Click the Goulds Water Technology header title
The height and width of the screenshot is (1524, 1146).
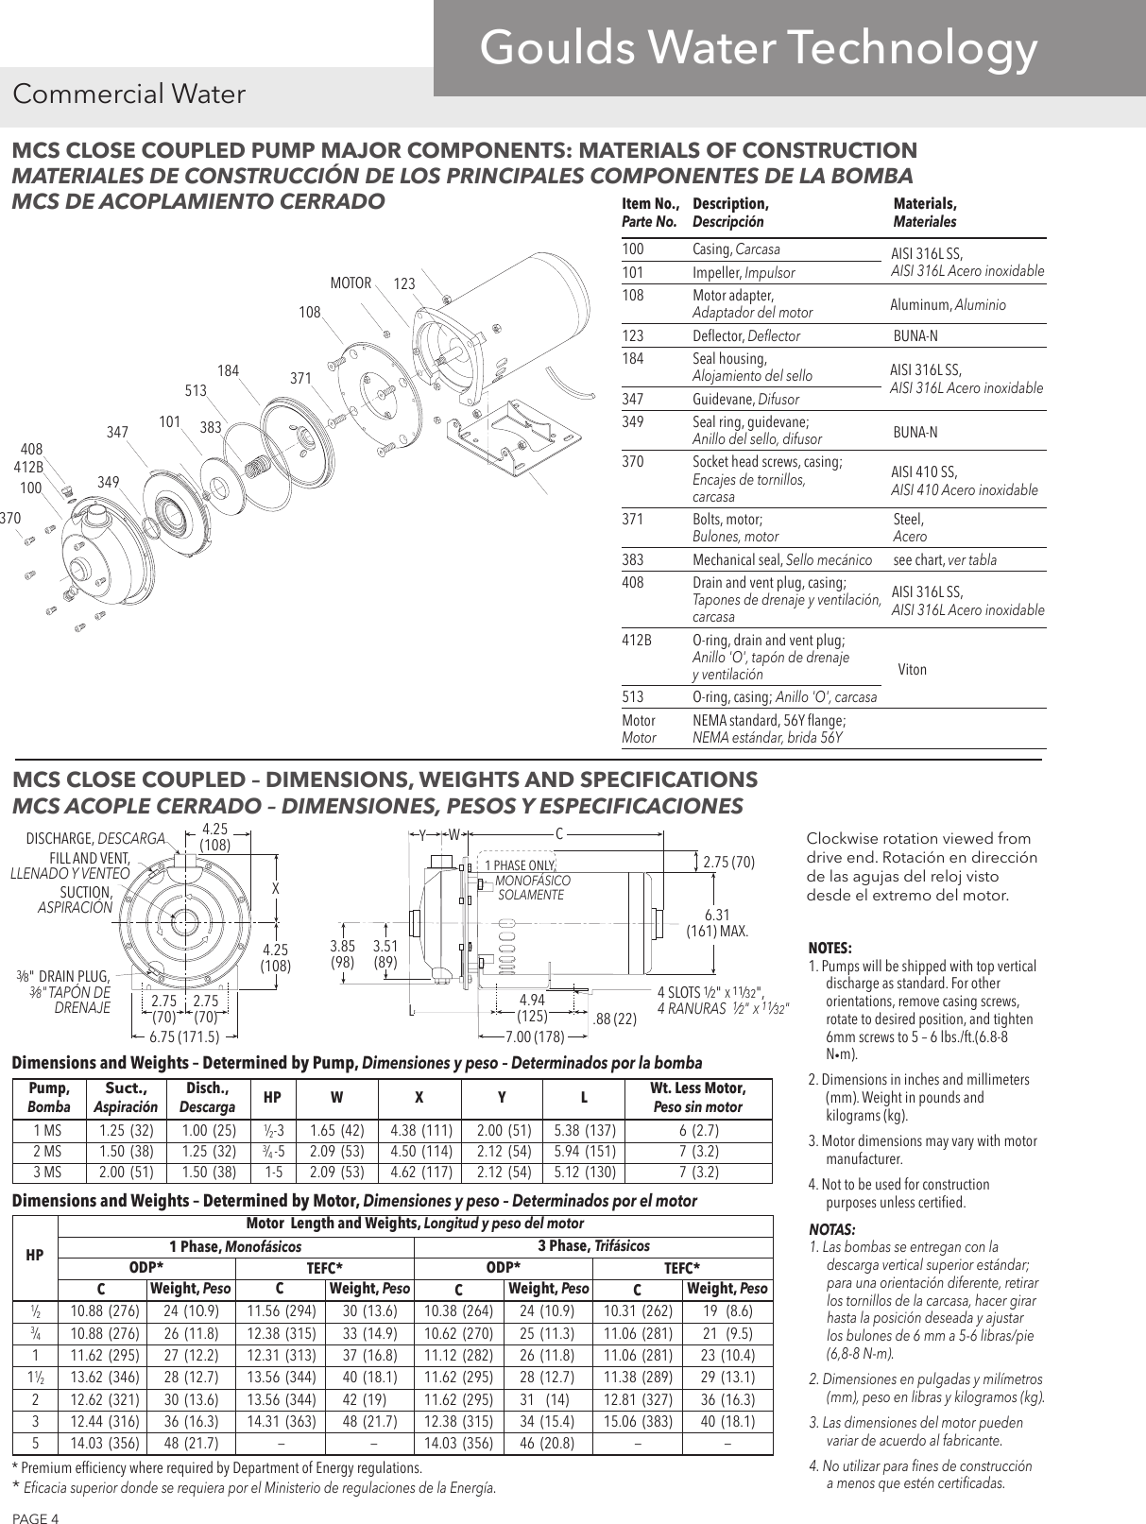pyautogui.click(x=758, y=48)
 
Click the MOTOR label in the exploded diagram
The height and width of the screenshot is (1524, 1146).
pyautogui.click(x=350, y=283)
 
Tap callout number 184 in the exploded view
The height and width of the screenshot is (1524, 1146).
pyautogui.click(x=228, y=370)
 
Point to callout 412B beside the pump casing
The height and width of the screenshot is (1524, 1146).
pyautogui.click(x=28, y=467)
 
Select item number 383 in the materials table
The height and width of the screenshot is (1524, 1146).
pyautogui.click(x=633, y=559)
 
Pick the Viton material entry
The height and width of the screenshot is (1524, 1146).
pyautogui.click(x=912, y=669)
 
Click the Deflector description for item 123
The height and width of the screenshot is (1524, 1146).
pyautogui.click(x=746, y=335)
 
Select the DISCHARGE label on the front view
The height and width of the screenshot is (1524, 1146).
pyautogui.click(x=94, y=838)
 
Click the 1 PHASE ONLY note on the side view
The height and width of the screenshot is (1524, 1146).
pyautogui.click(x=521, y=865)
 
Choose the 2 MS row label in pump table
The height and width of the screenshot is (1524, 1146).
pyautogui.click(x=47, y=1152)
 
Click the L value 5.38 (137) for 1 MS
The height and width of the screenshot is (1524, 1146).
pyautogui.click(x=584, y=1131)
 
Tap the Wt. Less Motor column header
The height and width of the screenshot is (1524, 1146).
pyautogui.click(x=698, y=1097)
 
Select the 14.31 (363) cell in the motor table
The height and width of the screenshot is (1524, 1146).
pyautogui.click(x=282, y=1420)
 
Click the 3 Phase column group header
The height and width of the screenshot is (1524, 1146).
pyautogui.click(x=593, y=1245)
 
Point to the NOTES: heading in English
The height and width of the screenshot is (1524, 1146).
pyautogui.click(x=830, y=948)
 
